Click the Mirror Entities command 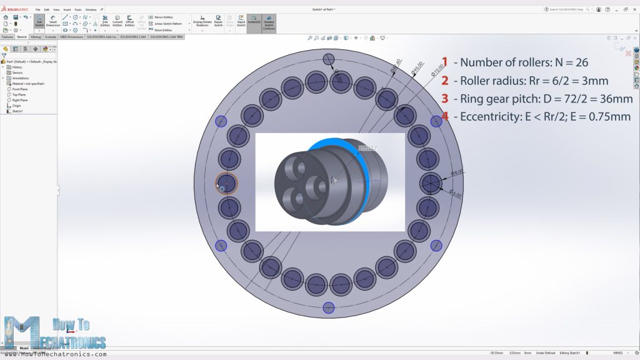click(x=163, y=17)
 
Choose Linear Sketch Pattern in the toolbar click(x=167, y=24)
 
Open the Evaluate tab click(x=51, y=37)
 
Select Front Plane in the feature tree click(x=20, y=89)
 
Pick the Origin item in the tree click(x=16, y=106)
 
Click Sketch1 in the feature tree click(x=17, y=111)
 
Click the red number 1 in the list click(x=445, y=62)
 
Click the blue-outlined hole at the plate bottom click(x=328, y=307)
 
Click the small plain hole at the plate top click(x=329, y=59)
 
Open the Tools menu click(x=77, y=10)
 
